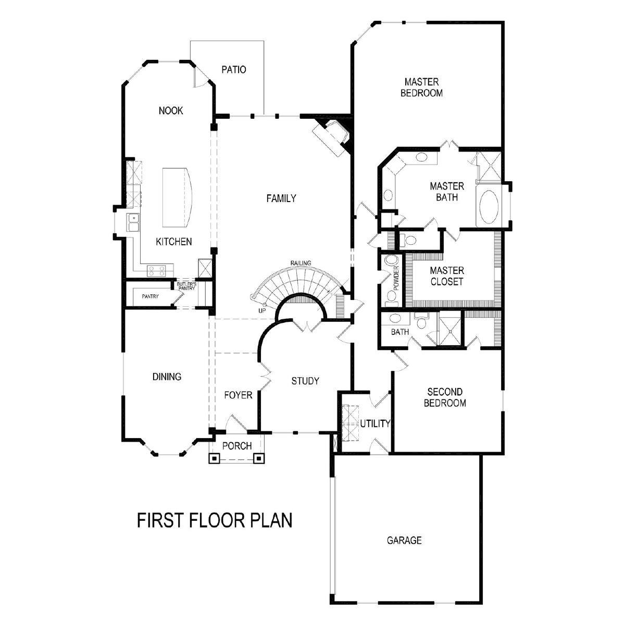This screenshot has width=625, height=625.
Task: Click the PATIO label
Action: click(233, 69)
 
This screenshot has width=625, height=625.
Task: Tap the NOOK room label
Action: click(171, 110)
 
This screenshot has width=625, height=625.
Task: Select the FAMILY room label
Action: click(281, 198)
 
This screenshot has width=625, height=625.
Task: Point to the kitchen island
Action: click(177, 197)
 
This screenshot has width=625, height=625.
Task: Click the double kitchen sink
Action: click(133, 222)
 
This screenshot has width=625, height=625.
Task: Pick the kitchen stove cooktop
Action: click(157, 271)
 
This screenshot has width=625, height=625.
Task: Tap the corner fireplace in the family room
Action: click(331, 137)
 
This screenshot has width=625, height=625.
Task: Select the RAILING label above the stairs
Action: click(301, 262)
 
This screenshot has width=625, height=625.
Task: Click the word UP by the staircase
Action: click(262, 310)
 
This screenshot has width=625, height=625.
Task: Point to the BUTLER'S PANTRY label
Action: click(186, 286)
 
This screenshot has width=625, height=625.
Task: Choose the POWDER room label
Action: click(396, 278)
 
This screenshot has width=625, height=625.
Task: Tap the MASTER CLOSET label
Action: click(446, 276)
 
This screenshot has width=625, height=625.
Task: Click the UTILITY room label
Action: click(375, 423)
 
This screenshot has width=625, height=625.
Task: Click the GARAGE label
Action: click(404, 540)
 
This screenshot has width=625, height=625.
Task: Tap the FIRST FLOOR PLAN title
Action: click(215, 520)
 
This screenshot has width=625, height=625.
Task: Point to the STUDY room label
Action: click(305, 381)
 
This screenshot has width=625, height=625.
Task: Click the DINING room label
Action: click(167, 377)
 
